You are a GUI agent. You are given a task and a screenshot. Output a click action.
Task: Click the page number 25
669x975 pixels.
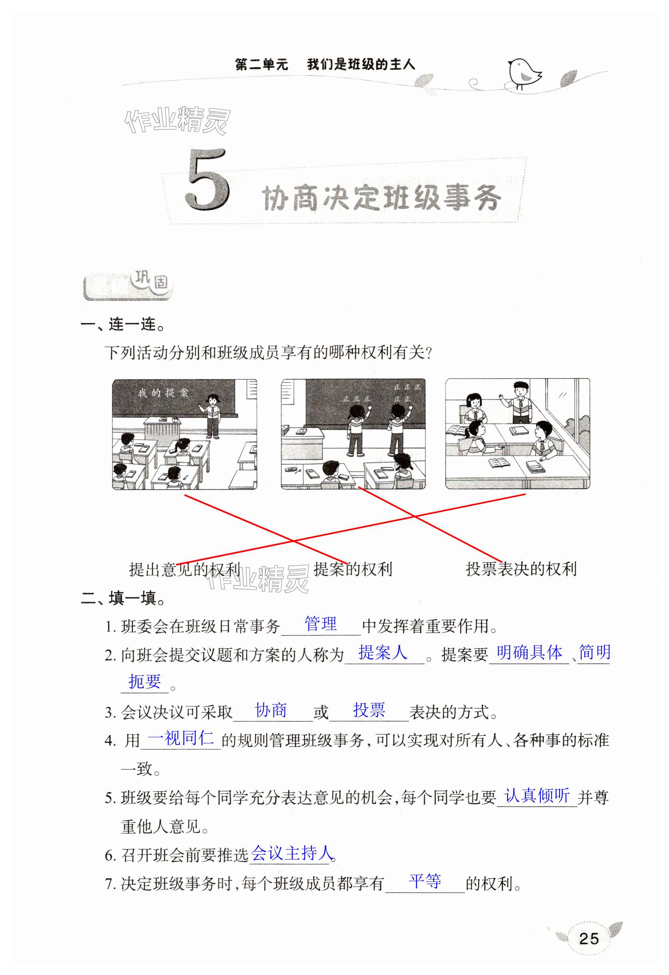(x=588, y=939)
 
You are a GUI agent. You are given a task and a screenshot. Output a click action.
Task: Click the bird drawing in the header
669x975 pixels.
(x=524, y=73)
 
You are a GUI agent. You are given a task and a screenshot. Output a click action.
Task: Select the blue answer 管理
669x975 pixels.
(x=320, y=624)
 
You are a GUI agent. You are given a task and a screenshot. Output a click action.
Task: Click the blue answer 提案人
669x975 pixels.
(x=383, y=652)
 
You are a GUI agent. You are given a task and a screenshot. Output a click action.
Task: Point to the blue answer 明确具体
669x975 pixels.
(x=529, y=652)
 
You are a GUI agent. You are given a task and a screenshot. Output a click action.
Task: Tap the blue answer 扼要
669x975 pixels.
(x=145, y=681)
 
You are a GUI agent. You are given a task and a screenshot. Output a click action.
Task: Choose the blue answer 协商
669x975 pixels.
(x=271, y=710)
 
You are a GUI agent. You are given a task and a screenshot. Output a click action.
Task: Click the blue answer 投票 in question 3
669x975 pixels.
(x=369, y=710)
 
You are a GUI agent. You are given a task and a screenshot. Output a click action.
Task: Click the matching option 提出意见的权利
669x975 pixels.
(x=185, y=569)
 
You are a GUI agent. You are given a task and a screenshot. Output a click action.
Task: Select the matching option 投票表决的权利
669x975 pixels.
(x=521, y=569)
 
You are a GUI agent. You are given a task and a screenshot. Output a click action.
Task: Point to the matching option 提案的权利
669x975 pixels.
(x=353, y=569)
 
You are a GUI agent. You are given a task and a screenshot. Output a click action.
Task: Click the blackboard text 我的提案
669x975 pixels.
(x=164, y=393)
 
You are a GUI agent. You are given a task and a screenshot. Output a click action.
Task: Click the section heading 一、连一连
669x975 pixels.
(x=123, y=324)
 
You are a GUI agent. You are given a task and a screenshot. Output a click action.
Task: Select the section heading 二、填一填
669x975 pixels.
(x=123, y=598)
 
